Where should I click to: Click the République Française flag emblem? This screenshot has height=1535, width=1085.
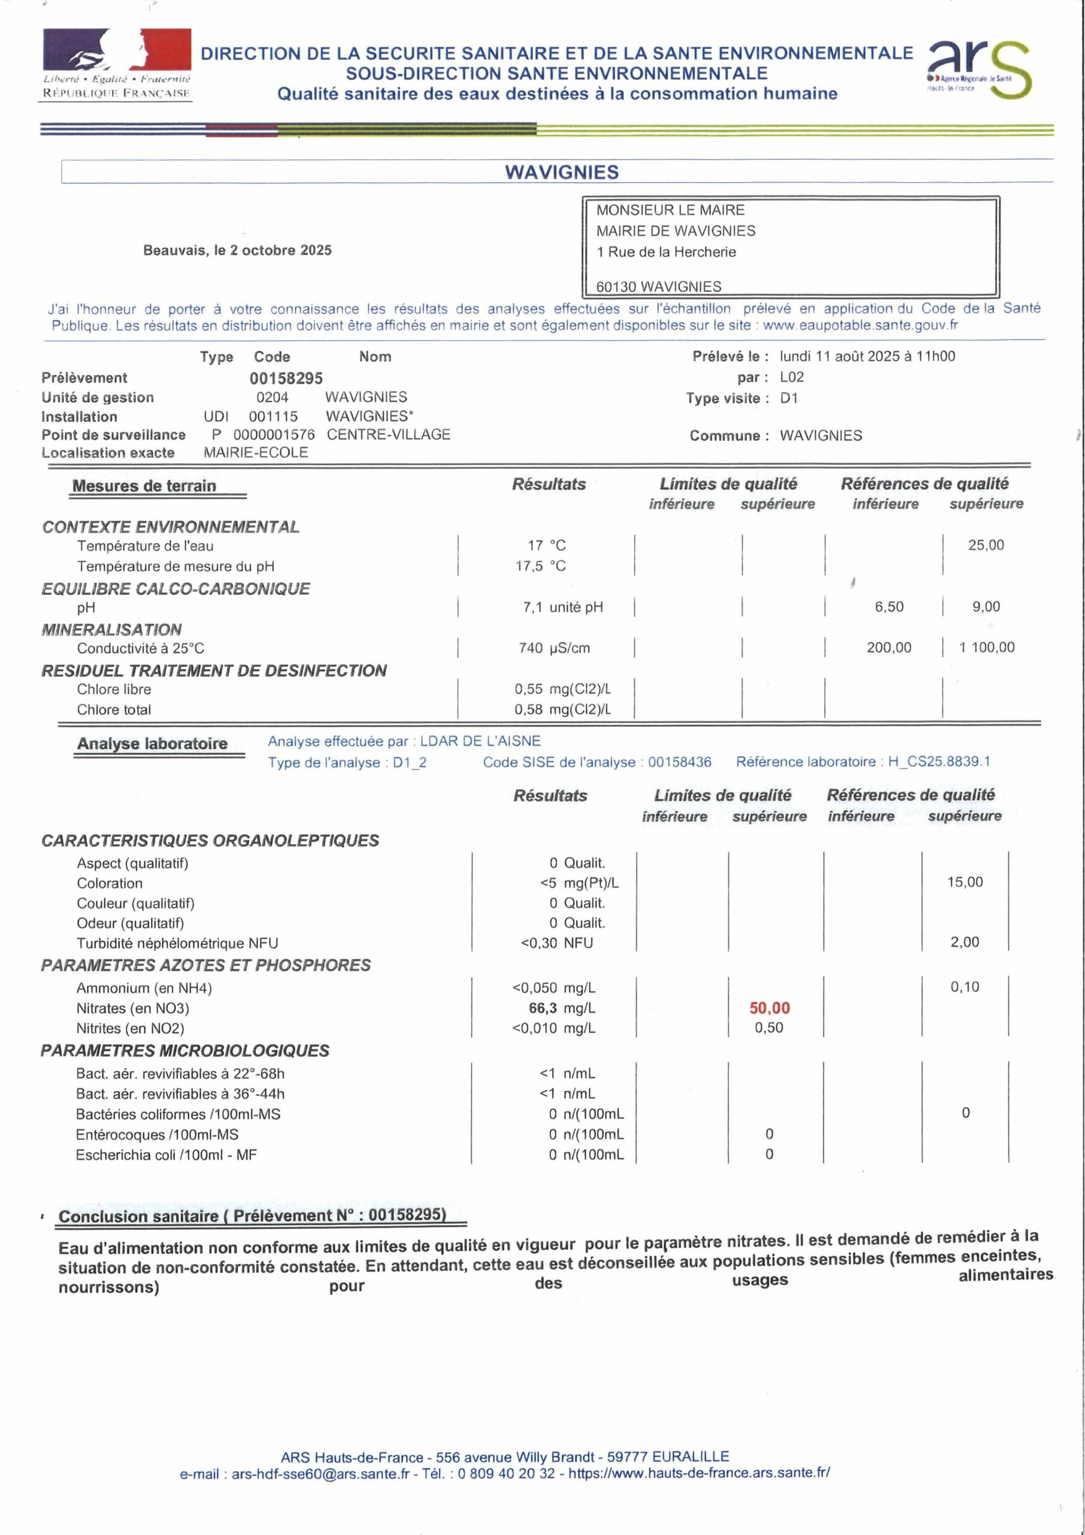(117, 50)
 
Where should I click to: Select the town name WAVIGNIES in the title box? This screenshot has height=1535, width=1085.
(562, 173)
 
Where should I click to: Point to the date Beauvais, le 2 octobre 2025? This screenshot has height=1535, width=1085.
(237, 250)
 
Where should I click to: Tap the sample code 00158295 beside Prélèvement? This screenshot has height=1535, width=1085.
(286, 378)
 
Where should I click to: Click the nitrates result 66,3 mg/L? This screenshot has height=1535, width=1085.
(562, 1007)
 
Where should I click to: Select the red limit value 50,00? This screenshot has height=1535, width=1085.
(770, 1007)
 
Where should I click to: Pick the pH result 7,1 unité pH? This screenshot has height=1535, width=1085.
(562, 607)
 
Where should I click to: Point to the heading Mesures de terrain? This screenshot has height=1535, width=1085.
(144, 486)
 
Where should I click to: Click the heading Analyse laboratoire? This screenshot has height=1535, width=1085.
(152, 744)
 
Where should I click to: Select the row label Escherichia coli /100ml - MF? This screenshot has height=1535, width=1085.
(167, 1155)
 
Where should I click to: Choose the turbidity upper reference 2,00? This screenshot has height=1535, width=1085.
(965, 942)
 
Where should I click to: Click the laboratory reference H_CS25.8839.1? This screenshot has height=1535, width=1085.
(939, 762)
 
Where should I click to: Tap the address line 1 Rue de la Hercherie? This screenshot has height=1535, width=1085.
(666, 252)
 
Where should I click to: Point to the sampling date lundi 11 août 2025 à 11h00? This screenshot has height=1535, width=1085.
(867, 356)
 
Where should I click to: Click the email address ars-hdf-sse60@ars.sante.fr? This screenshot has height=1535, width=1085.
(320, 1473)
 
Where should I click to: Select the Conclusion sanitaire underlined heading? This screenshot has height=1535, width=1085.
(252, 1215)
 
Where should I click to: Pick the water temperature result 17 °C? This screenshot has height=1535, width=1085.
(546, 546)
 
